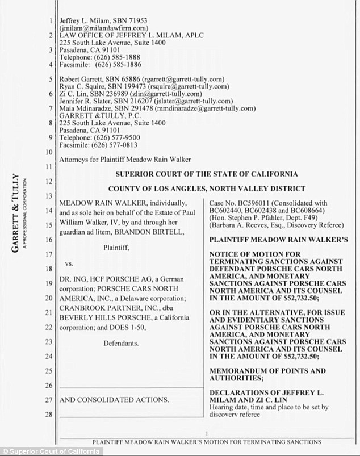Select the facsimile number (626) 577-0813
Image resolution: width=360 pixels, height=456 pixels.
click(x=112, y=144)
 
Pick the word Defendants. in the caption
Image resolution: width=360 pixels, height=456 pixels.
click(x=122, y=343)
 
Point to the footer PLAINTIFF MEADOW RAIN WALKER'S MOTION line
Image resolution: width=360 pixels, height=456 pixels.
click(x=207, y=441)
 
